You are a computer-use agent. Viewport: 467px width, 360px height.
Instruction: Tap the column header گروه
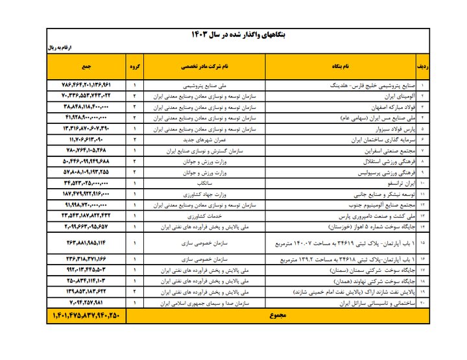pyautogui.click(x=134, y=66)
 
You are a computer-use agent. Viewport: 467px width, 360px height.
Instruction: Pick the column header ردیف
pyautogui.click(x=422, y=66)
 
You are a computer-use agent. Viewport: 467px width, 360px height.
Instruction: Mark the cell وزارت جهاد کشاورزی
pyautogui.click(x=204, y=194)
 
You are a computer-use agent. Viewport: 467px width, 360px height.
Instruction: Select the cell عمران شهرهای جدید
pyautogui.click(x=204, y=139)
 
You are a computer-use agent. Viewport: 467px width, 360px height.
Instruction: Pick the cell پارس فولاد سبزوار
pyautogui.click(x=389, y=129)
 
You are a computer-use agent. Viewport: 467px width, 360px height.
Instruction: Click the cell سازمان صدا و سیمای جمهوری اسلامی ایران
pyautogui.click(x=204, y=303)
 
